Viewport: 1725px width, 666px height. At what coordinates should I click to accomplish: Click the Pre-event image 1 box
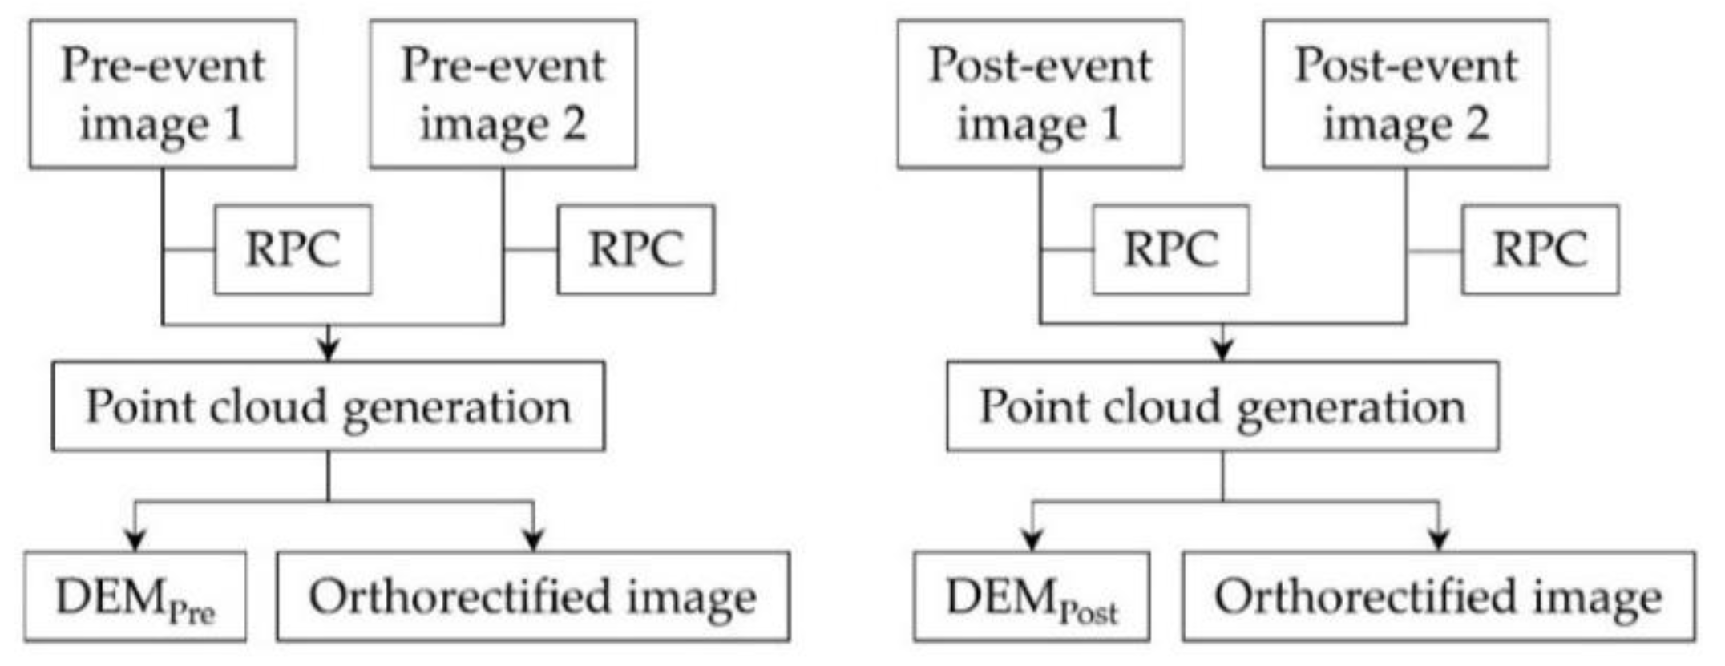coord(163,94)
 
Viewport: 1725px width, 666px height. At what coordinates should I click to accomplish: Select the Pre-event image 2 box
coord(503,94)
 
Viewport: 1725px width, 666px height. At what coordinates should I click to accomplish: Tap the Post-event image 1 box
coord(1040,94)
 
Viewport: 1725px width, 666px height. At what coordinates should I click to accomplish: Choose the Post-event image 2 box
coord(1405,94)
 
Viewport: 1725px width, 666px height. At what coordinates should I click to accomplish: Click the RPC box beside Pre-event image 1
coord(293,249)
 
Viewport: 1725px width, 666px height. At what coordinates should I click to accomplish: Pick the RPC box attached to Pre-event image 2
coord(636,249)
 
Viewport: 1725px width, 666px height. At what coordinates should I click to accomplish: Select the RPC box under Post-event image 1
coord(1170,249)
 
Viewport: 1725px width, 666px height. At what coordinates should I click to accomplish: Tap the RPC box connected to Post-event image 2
coord(1540,249)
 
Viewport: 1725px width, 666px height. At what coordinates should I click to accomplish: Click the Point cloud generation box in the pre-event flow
coord(329,406)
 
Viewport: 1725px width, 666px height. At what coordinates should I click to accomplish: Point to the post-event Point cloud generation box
coord(1222,406)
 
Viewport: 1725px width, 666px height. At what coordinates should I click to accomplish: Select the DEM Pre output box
coord(135,597)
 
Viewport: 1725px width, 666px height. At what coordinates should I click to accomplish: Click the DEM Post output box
coord(1032,597)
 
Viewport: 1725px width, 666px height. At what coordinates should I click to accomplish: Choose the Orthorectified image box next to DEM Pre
coord(533,597)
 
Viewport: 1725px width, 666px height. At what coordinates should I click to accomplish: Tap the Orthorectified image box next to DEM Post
coord(1439,597)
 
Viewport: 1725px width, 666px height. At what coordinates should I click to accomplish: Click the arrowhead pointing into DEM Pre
coord(135,540)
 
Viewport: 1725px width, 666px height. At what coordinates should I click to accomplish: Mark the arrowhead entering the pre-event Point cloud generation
coord(329,350)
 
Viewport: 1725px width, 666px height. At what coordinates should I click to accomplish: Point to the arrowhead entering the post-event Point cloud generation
coord(1222,350)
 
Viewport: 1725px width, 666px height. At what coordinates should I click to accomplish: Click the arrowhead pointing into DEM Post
coord(1032,540)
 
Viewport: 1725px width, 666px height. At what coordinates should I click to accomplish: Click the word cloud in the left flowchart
coord(267,406)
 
